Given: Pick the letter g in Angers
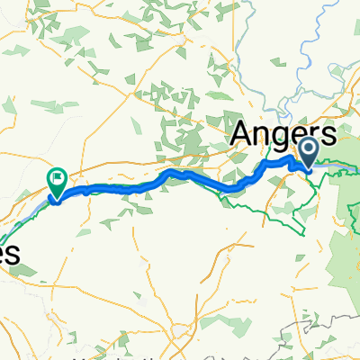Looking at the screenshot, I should (279, 140).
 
